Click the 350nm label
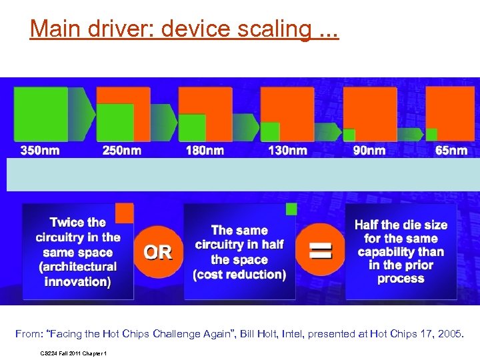39,151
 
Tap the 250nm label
122,151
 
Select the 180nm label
205,151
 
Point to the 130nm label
287,151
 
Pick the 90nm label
369,151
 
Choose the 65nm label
451,151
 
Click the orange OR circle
158,252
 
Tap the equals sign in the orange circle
321,251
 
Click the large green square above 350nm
41,113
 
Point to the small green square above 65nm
432,134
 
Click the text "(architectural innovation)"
78,274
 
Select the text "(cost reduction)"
239,274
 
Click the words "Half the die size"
401,225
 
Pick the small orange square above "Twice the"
124,213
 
